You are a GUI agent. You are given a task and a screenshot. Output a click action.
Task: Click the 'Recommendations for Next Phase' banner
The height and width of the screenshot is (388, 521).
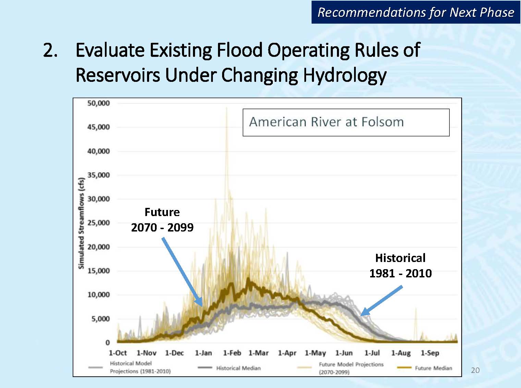pos(415,12)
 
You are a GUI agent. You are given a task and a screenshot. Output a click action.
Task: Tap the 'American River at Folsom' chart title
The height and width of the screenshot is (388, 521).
pos(326,122)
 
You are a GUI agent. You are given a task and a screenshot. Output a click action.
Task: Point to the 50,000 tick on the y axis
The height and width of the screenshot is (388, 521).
pos(98,103)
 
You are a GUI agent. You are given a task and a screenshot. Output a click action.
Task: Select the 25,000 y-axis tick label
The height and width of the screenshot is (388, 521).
pos(98,223)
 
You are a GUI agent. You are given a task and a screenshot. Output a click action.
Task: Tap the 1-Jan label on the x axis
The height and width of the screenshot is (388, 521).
pos(203,353)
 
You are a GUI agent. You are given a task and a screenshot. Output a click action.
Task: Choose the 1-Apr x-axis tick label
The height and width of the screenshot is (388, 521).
pos(287,353)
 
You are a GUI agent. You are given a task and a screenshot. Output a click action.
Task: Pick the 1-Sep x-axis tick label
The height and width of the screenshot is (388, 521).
pos(429,353)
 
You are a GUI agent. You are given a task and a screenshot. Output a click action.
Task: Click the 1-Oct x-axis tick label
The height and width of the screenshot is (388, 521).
pos(118,353)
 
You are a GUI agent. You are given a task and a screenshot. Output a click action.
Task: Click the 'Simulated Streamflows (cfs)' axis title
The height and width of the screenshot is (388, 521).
pos(81,223)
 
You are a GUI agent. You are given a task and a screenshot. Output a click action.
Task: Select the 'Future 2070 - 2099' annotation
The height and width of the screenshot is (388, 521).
pos(162,220)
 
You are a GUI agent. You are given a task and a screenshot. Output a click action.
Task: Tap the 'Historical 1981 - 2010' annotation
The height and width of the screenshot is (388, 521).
pos(400,265)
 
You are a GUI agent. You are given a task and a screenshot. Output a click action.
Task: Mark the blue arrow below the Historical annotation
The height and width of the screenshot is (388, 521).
pos(381,300)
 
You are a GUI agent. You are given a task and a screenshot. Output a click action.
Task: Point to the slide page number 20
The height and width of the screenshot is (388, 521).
pos(475,370)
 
